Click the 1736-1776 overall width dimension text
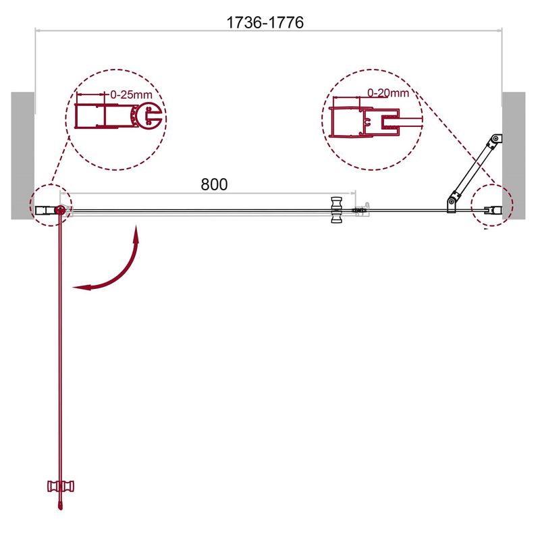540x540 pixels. tap(265, 23)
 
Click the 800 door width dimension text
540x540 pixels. tap(214, 184)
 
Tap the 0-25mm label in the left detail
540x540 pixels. tap(131, 94)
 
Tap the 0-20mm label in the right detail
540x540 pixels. tap(388, 92)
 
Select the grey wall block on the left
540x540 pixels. tap(23, 156)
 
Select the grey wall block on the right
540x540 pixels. tap(514, 156)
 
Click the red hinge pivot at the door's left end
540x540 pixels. tap(60, 210)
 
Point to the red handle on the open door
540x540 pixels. tap(61, 486)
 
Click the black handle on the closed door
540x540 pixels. tap(336, 210)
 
